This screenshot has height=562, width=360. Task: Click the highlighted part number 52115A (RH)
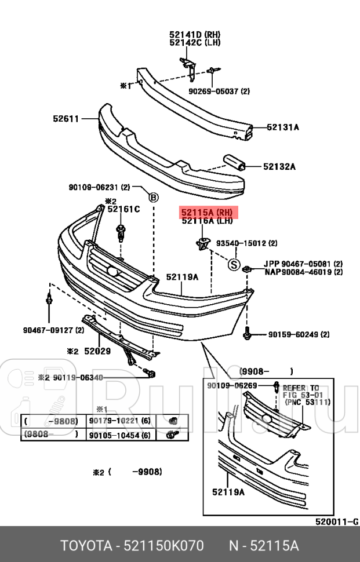[207, 212]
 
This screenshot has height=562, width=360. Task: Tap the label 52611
[66, 118]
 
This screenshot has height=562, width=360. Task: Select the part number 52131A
[282, 127]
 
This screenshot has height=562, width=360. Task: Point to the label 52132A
[279, 167]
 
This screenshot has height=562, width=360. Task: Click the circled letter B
[153, 197]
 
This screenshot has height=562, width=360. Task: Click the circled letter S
[233, 265]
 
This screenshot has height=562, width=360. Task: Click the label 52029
[97, 351]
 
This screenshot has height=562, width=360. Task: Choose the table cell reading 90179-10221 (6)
[119, 421]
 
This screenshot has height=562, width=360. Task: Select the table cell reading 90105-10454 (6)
[119, 435]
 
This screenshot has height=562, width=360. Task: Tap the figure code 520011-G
[336, 522]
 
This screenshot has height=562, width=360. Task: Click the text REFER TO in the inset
[301, 388]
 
